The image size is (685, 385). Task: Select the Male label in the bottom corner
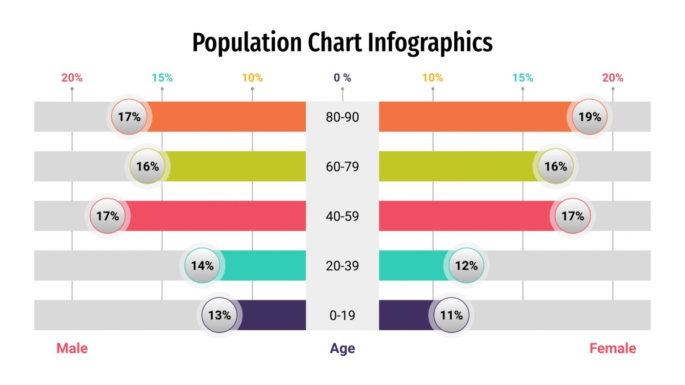point(72,349)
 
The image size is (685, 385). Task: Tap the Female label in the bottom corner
point(612,349)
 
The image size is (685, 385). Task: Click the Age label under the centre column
point(342,349)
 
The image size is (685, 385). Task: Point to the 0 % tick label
point(342,78)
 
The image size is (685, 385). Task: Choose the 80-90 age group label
point(342,117)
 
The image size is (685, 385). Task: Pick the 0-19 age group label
point(342,315)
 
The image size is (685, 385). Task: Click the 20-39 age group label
point(342,266)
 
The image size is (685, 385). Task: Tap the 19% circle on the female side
point(590,117)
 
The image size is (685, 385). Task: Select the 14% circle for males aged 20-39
point(202,266)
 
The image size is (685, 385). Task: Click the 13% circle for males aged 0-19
point(219,315)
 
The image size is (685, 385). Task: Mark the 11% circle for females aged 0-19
point(452,315)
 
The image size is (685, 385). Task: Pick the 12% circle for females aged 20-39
point(467,266)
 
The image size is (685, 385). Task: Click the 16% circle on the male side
point(148,166)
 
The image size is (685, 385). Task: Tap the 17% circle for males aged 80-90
point(129,117)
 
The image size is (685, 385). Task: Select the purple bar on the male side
point(272,315)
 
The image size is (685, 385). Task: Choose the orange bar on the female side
point(472,117)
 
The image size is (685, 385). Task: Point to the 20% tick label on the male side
point(72,78)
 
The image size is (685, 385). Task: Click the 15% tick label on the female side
point(522,78)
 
